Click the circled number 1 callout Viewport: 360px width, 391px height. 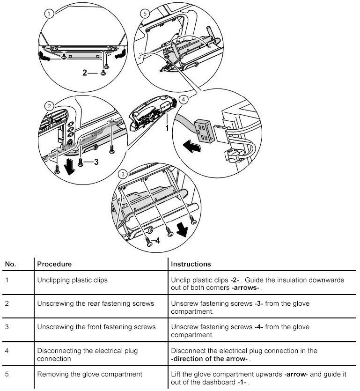point(49,14)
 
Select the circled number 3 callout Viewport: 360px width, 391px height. point(123,174)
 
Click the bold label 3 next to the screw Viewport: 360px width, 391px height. point(96,162)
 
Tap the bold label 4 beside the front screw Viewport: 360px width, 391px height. point(158,242)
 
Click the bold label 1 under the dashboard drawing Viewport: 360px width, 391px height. point(166,126)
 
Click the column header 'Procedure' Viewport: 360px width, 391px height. point(54,264)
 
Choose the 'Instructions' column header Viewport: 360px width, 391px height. point(191,264)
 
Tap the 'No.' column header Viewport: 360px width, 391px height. point(10,264)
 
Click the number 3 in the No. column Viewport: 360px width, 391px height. point(7,327)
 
